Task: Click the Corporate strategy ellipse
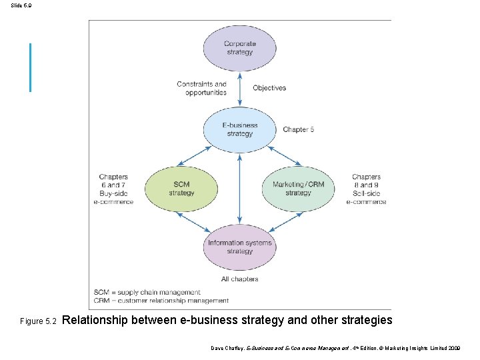click(x=239, y=48)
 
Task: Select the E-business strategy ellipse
click(x=239, y=129)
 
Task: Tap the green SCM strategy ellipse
click(x=181, y=189)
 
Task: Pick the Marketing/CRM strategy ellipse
click(x=298, y=189)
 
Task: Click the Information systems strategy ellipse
click(x=239, y=247)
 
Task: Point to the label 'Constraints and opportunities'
click(x=202, y=88)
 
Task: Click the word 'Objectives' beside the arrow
click(x=269, y=88)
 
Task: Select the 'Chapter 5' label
click(x=297, y=129)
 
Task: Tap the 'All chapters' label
click(x=239, y=279)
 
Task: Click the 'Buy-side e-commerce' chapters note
click(x=113, y=189)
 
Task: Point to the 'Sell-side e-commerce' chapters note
click(x=366, y=189)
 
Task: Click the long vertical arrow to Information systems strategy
click(x=239, y=187)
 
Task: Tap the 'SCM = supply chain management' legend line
click(x=147, y=292)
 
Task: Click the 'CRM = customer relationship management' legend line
click(x=161, y=301)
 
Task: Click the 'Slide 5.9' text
click(x=21, y=5)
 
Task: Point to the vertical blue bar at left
click(x=30, y=67)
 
